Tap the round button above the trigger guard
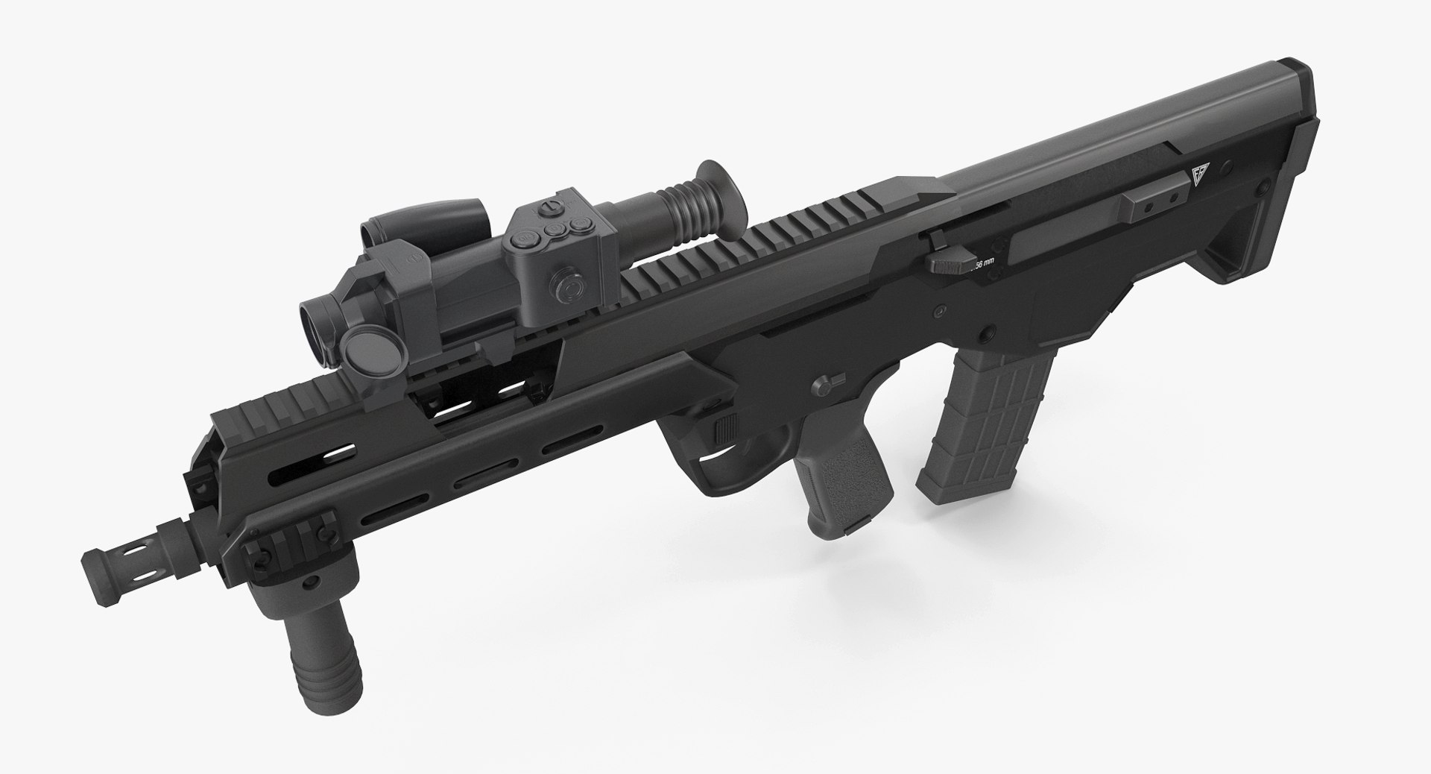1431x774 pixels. [823, 384]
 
